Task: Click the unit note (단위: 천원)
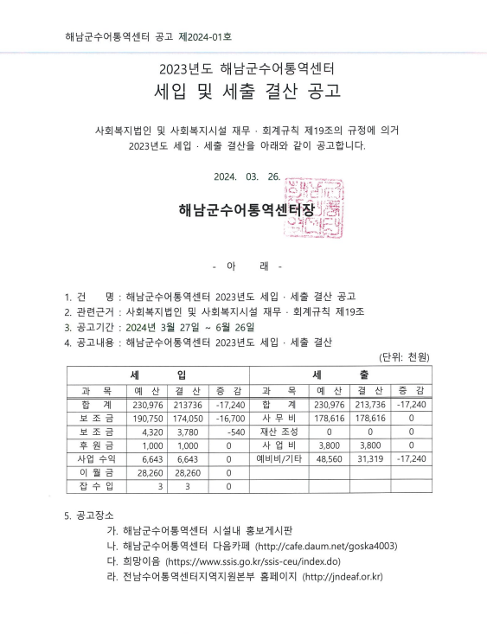404,357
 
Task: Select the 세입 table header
157,374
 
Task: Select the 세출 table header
340,374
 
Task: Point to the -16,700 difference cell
228,418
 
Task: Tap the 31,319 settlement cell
368,458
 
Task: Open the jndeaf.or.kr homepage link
343,576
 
